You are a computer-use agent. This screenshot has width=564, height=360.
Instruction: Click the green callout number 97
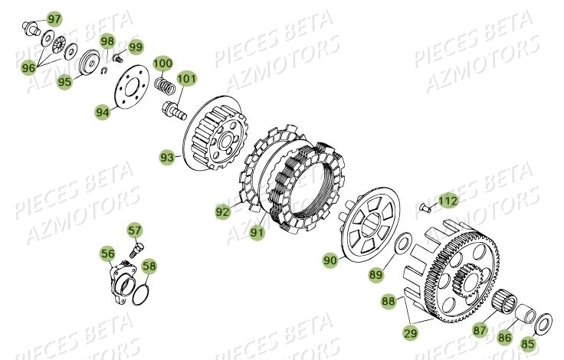click(54, 18)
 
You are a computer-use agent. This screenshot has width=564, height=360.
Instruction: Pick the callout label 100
click(163, 62)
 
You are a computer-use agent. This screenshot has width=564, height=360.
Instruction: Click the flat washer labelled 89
click(402, 246)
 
